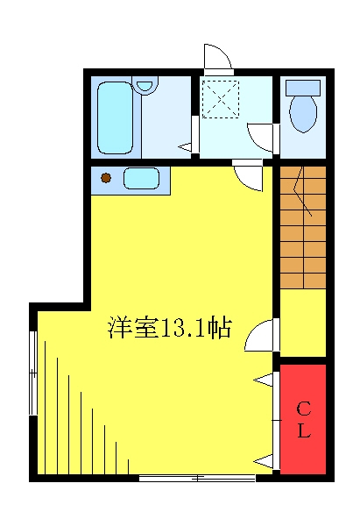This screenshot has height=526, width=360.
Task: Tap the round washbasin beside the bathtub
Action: pyautogui.click(x=145, y=86)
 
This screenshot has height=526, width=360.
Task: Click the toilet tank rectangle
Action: pyautogui.click(x=303, y=88)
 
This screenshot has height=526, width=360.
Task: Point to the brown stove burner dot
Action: pyautogui.click(x=106, y=178)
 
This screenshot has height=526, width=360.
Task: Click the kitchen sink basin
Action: pyautogui.click(x=141, y=178)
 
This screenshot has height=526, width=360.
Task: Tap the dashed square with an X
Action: pyautogui.click(x=221, y=99)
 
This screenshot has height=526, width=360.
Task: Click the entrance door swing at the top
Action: pyautogui.click(x=218, y=59)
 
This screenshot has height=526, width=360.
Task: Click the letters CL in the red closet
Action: pyautogui.click(x=304, y=419)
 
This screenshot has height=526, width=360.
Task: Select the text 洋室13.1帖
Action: pyautogui.click(x=169, y=328)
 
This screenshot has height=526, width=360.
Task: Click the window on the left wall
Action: pyautogui.click(x=33, y=373)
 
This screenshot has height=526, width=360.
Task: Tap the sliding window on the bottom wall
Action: pyautogui.click(x=197, y=478)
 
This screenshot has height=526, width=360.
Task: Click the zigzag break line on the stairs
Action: pyautogui.click(x=302, y=191)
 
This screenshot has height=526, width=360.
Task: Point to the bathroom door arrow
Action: pyautogui.click(x=185, y=146)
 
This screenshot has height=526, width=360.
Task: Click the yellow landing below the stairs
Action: pyautogui.click(x=303, y=323)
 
